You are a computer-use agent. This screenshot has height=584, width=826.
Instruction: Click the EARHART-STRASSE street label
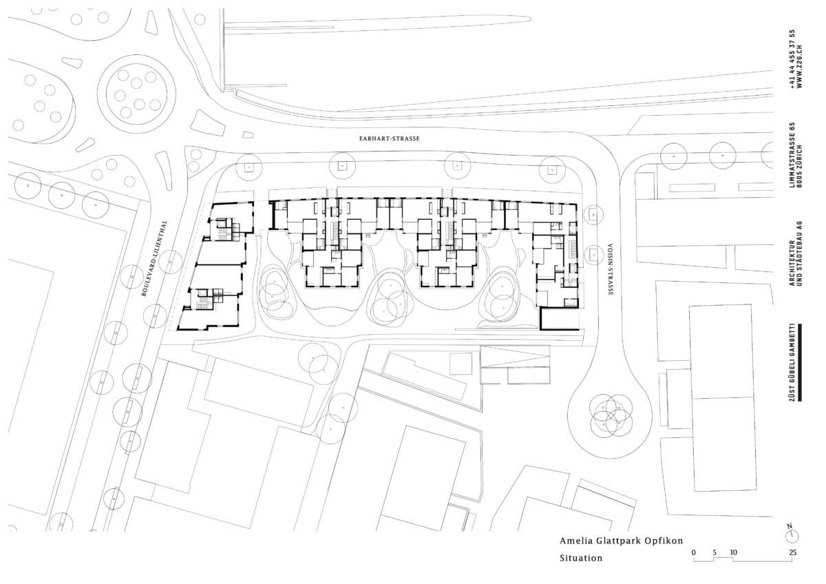pos(390,138)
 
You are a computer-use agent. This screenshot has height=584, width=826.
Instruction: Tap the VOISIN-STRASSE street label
pos(611,269)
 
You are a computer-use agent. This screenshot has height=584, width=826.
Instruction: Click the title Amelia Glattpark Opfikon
pos(622,541)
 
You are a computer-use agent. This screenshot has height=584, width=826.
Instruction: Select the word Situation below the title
pos(581,558)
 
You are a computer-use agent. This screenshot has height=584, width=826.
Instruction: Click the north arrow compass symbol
pos(792,534)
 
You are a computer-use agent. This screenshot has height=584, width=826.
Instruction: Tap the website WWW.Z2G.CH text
pos(799,66)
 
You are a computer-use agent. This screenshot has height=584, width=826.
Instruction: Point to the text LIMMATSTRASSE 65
pos(792,155)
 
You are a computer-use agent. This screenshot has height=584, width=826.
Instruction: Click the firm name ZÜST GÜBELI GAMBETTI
pos(792,363)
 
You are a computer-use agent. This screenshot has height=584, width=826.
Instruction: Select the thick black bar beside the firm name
pos(800,363)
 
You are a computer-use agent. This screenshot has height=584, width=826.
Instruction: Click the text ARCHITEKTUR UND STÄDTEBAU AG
pos(796,254)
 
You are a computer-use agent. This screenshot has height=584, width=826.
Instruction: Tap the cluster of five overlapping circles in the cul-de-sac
pos(611,414)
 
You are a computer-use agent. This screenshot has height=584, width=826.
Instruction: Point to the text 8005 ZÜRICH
pos(799,166)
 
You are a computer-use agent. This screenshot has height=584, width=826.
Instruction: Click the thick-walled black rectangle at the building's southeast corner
pos(560,319)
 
